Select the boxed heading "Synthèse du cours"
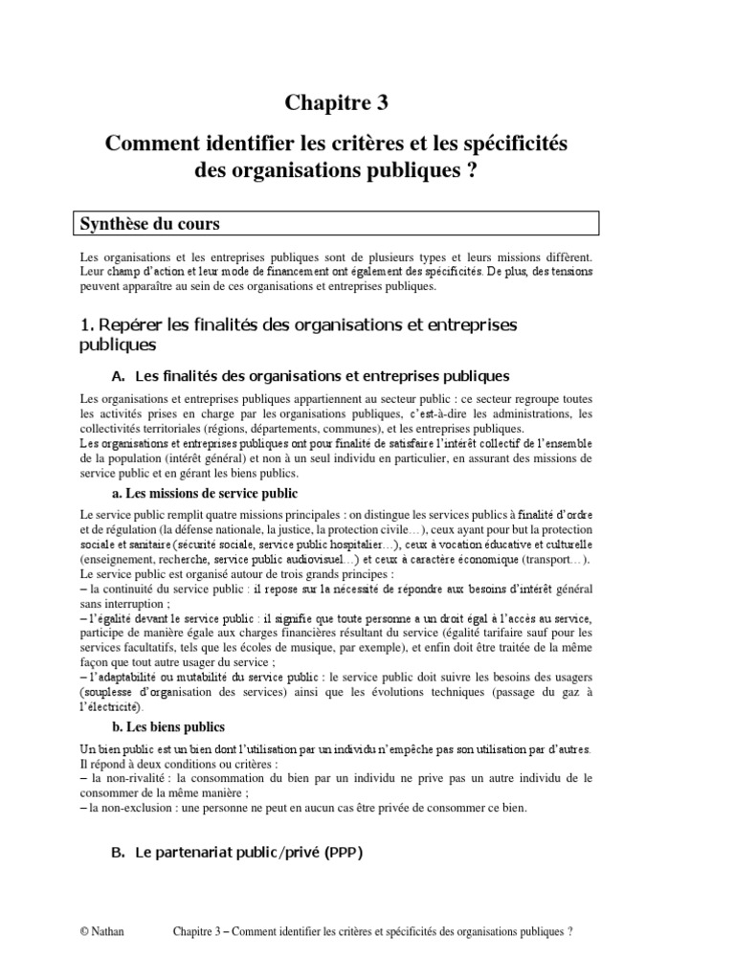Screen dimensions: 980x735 point(149,225)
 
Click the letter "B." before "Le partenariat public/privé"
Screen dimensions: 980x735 point(119,853)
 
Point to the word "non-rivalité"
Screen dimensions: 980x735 point(125,779)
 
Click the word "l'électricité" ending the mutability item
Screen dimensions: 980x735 point(111,707)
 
